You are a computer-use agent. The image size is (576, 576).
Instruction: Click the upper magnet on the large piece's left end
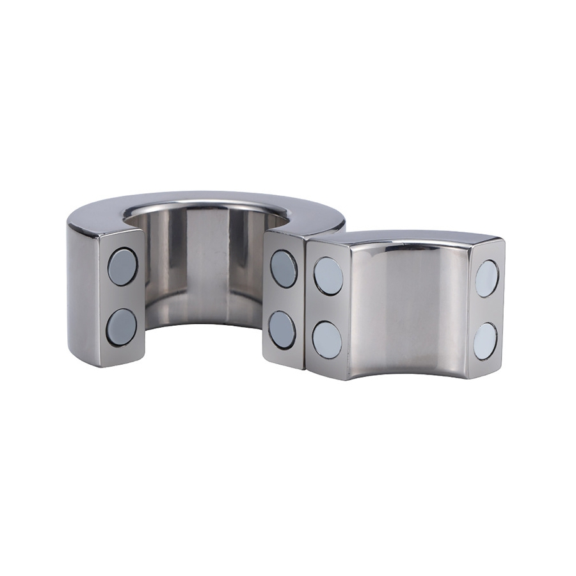122,267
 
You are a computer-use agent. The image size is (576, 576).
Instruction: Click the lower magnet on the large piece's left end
122,326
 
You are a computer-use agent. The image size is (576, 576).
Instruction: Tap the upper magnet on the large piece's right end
284,269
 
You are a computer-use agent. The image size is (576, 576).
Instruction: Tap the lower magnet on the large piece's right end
282,329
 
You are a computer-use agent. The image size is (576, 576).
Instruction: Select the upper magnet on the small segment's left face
328,276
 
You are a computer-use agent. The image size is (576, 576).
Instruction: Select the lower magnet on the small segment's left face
328,338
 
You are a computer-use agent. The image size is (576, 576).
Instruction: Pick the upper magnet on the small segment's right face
487,278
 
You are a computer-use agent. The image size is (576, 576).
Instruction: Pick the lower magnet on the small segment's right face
486,340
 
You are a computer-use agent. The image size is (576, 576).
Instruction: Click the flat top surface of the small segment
410,241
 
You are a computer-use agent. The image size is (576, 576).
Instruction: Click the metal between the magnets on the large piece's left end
122,297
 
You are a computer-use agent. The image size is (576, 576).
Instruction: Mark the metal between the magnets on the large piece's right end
283,299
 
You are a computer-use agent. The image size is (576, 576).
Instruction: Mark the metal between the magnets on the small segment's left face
328,307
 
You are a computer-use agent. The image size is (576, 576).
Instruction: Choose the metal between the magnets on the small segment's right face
486,310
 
